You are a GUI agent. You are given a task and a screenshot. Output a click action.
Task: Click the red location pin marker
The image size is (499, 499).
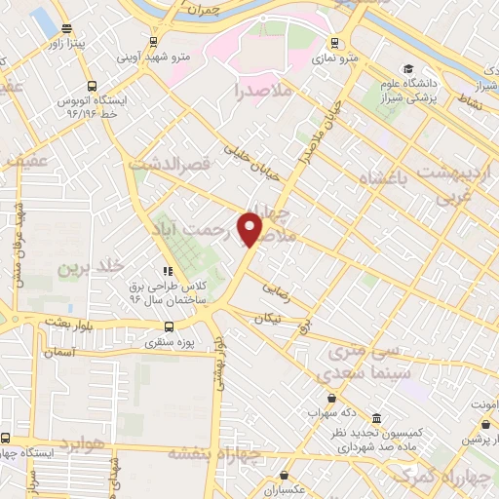point(252,229)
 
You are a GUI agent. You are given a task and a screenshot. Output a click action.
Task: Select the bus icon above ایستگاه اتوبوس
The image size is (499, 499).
point(92,86)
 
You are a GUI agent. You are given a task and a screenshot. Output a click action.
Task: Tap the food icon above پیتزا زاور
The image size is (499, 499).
point(65,28)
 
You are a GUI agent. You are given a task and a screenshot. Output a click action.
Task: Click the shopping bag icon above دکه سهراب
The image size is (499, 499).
point(333,398)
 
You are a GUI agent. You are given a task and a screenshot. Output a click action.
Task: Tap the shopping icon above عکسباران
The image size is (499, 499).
point(285,475)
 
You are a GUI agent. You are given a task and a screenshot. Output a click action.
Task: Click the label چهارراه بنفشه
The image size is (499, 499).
point(215,452)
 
